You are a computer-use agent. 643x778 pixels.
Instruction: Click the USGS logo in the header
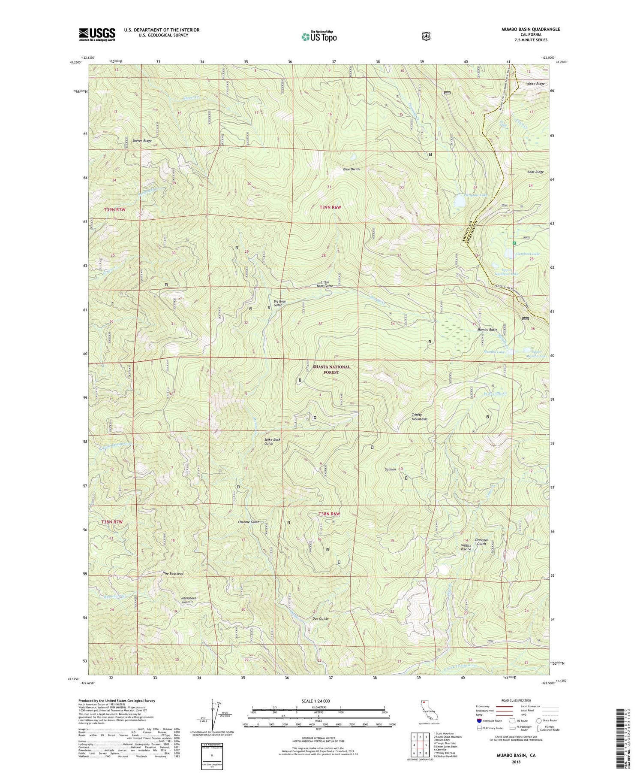pos(97,34)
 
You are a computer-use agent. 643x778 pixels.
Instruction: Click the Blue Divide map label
pos(352,169)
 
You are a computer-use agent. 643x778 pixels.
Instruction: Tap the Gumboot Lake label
pos(528,254)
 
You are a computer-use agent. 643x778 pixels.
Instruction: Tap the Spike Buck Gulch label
pos(272,442)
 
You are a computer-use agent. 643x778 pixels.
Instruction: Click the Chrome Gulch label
pos(249,522)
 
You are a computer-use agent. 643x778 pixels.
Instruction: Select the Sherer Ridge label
pos(142,140)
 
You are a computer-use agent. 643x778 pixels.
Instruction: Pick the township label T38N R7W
pos(112,521)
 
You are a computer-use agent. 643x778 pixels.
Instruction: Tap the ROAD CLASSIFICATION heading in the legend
pos(514,700)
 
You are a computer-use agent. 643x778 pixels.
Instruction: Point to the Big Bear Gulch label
pos(279,303)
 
